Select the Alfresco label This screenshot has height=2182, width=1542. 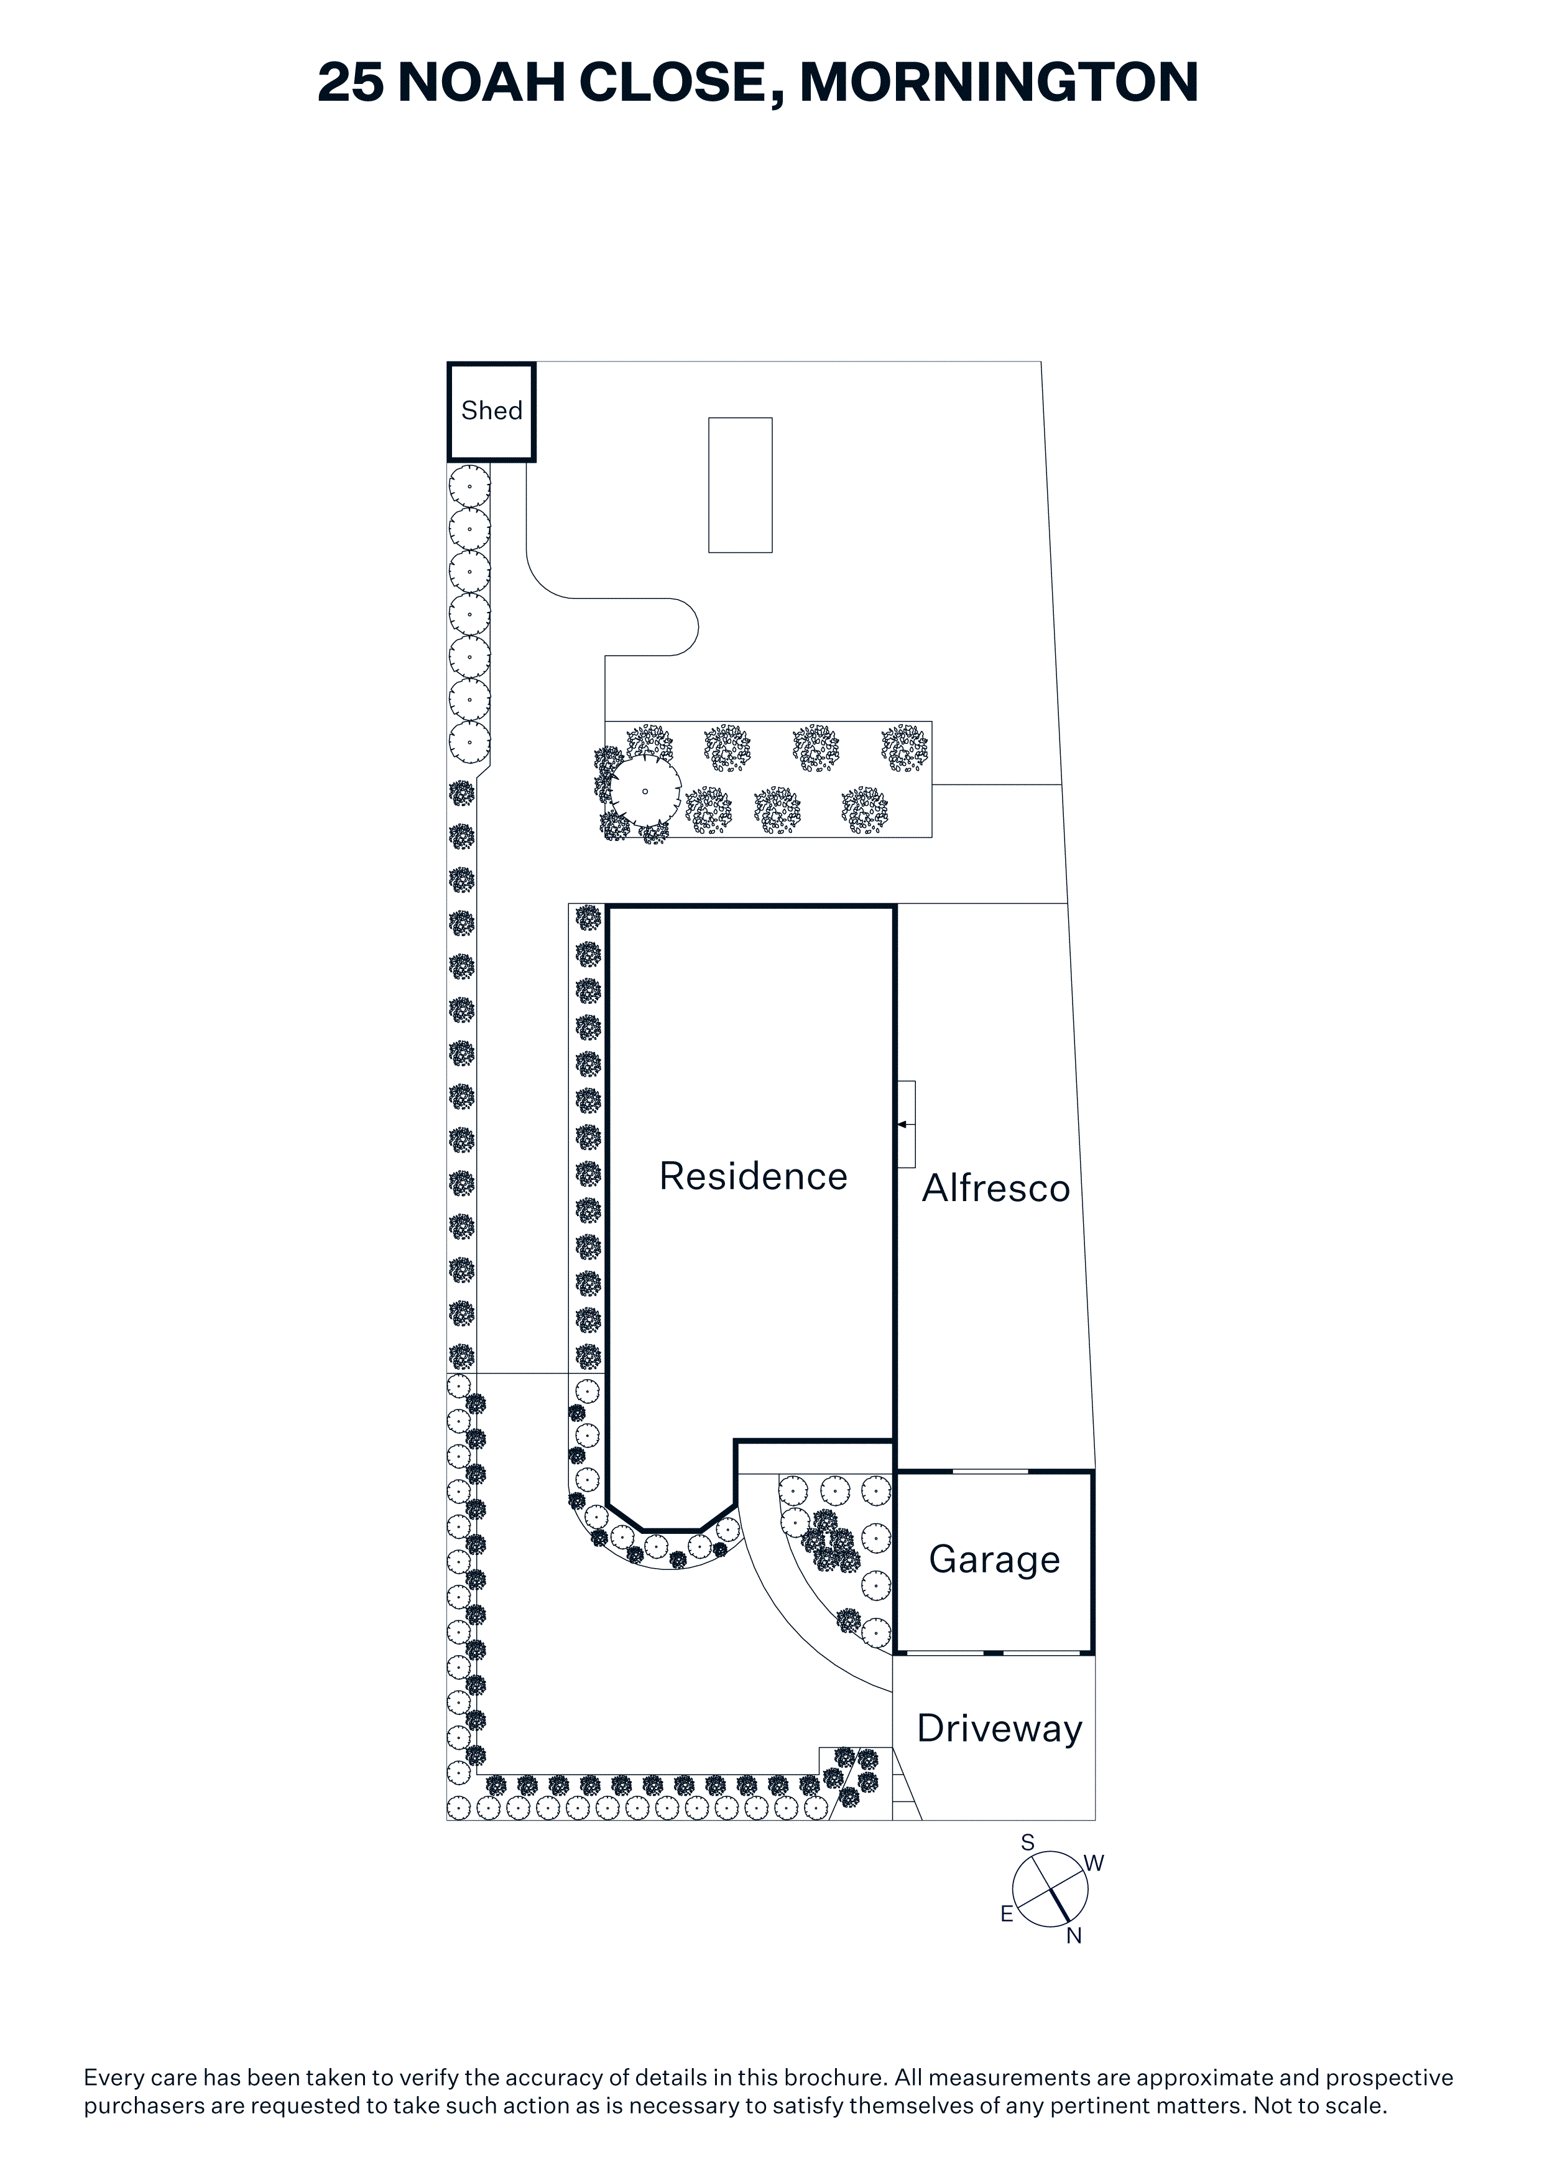click(x=995, y=1188)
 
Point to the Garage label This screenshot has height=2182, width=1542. click(x=994, y=1559)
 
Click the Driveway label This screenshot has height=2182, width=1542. click(x=999, y=1729)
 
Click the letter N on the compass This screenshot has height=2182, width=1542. click(x=1074, y=1936)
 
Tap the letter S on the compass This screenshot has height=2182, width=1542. click(x=1027, y=1843)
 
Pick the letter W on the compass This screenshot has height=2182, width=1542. click(x=1094, y=1864)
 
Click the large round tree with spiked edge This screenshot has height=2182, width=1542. click(x=645, y=791)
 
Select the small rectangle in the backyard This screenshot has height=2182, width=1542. click(x=740, y=485)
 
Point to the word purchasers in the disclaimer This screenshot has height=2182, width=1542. click(x=144, y=2105)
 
